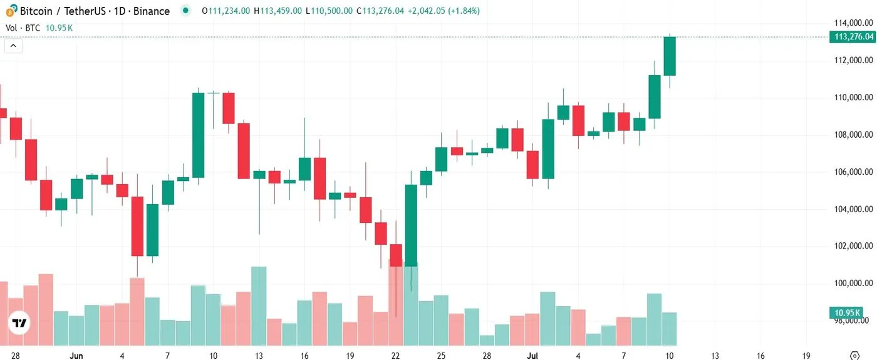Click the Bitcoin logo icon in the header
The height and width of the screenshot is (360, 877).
pyautogui.click(x=11, y=11)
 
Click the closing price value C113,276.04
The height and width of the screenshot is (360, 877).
pyautogui.click(x=380, y=11)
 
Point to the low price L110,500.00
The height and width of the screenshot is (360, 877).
pyautogui.click(x=330, y=11)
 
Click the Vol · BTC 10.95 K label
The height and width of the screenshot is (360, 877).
pyautogui.click(x=39, y=28)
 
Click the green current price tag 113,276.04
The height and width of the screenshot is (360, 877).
pyautogui.click(x=853, y=37)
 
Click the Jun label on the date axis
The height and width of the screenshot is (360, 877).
pyautogui.click(x=76, y=356)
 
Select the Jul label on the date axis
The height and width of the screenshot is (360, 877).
pyautogui.click(x=532, y=356)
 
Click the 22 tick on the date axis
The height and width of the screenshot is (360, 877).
pyautogui.click(x=395, y=356)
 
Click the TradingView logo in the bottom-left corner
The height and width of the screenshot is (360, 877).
pyautogui.click(x=20, y=323)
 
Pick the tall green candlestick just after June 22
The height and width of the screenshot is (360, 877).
pyautogui.click(x=411, y=225)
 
